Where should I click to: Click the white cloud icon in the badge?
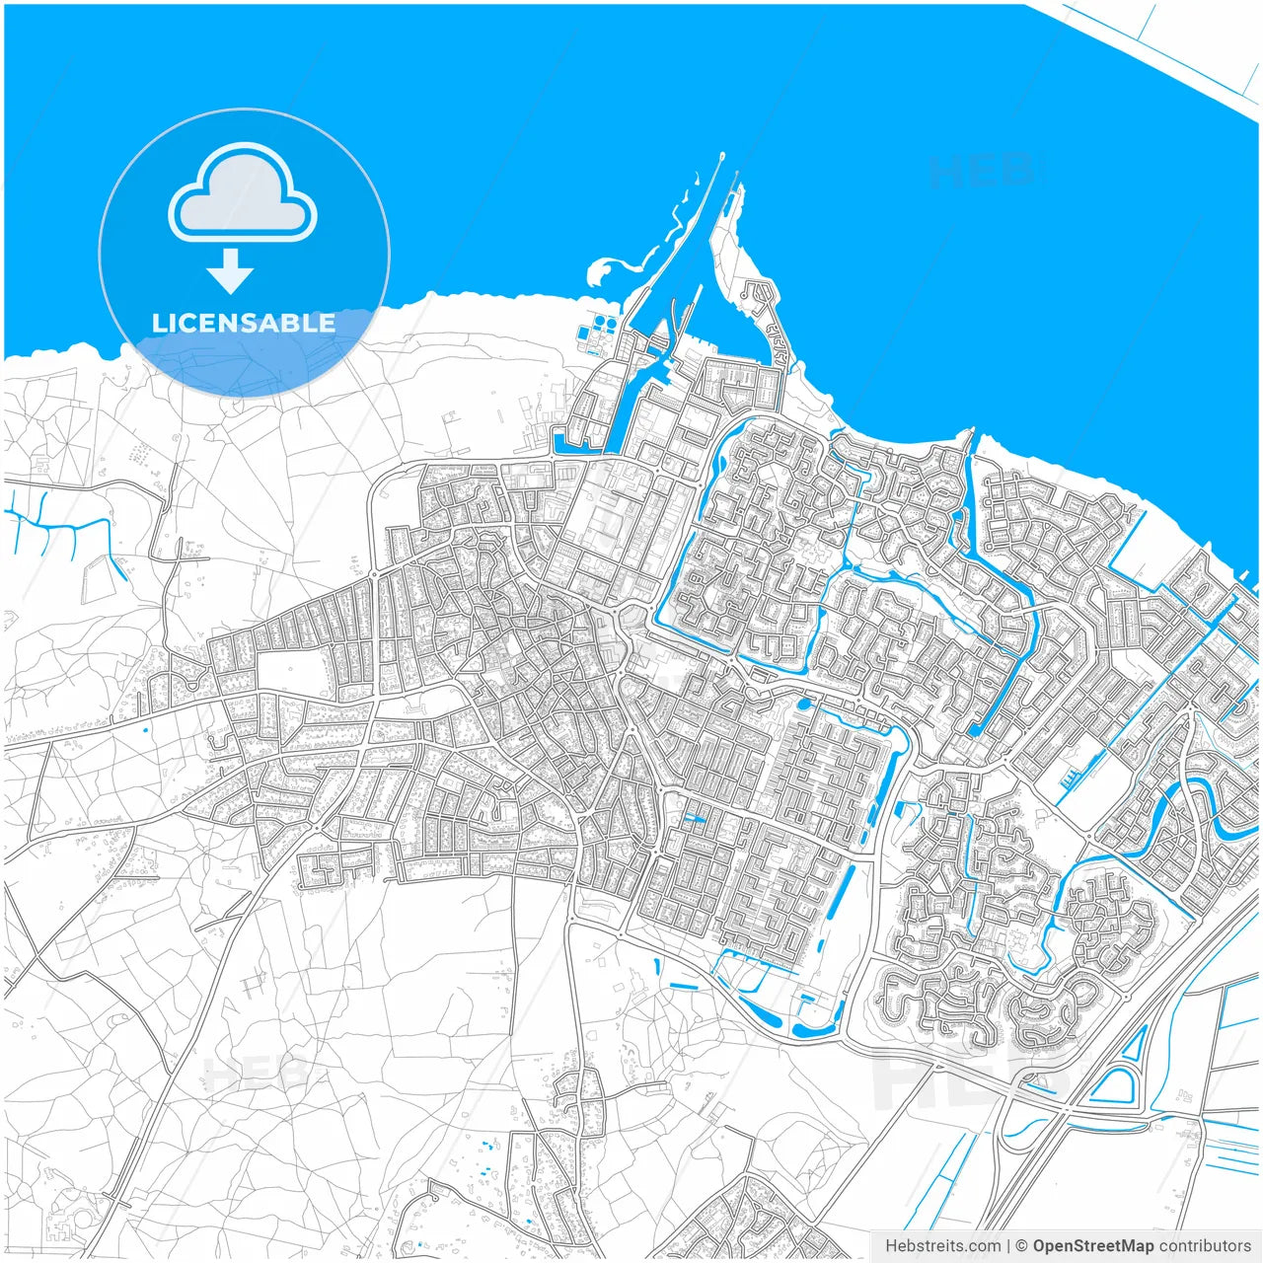click(243, 193)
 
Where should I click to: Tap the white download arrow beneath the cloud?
click(231, 271)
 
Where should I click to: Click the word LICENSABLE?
click(244, 324)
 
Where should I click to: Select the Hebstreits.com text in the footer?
click(942, 1246)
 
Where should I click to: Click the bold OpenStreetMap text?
click(1093, 1246)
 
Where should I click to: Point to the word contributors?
click(1205, 1246)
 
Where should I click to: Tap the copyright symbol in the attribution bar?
click(1022, 1246)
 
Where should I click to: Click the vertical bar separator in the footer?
click(1007, 1246)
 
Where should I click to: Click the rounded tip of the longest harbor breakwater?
click(722, 155)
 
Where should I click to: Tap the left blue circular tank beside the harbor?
click(596, 323)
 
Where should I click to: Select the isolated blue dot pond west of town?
click(145, 729)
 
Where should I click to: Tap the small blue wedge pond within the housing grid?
click(695, 818)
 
